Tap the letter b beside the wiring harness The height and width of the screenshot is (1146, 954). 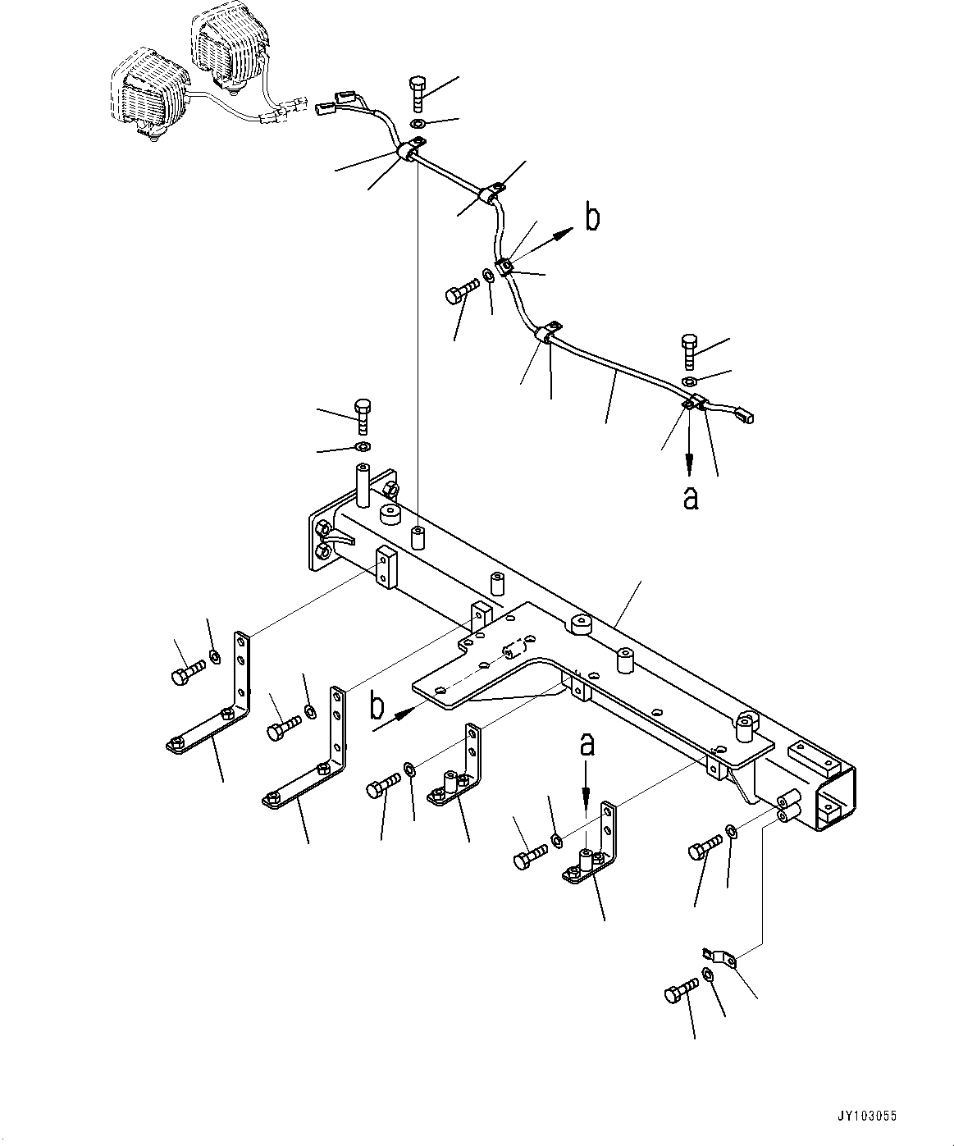(x=591, y=218)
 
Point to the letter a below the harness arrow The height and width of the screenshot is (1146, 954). (x=691, y=497)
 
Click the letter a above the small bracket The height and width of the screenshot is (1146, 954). (x=586, y=745)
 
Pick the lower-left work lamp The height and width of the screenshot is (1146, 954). (x=148, y=94)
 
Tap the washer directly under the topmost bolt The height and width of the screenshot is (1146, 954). (x=418, y=124)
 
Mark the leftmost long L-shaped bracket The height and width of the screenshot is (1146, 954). (x=215, y=705)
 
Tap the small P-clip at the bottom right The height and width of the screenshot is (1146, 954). (x=719, y=957)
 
